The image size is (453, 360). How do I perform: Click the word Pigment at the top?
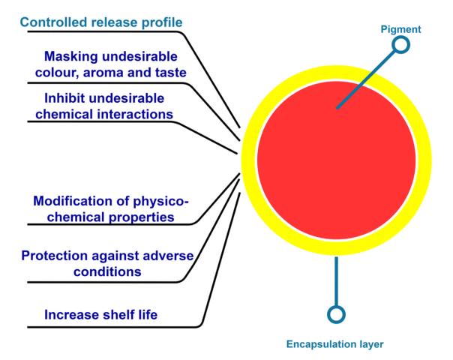point(400,30)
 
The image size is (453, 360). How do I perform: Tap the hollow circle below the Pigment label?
point(401,45)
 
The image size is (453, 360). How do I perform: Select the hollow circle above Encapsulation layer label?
point(337,314)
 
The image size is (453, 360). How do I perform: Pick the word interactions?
point(135,114)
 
